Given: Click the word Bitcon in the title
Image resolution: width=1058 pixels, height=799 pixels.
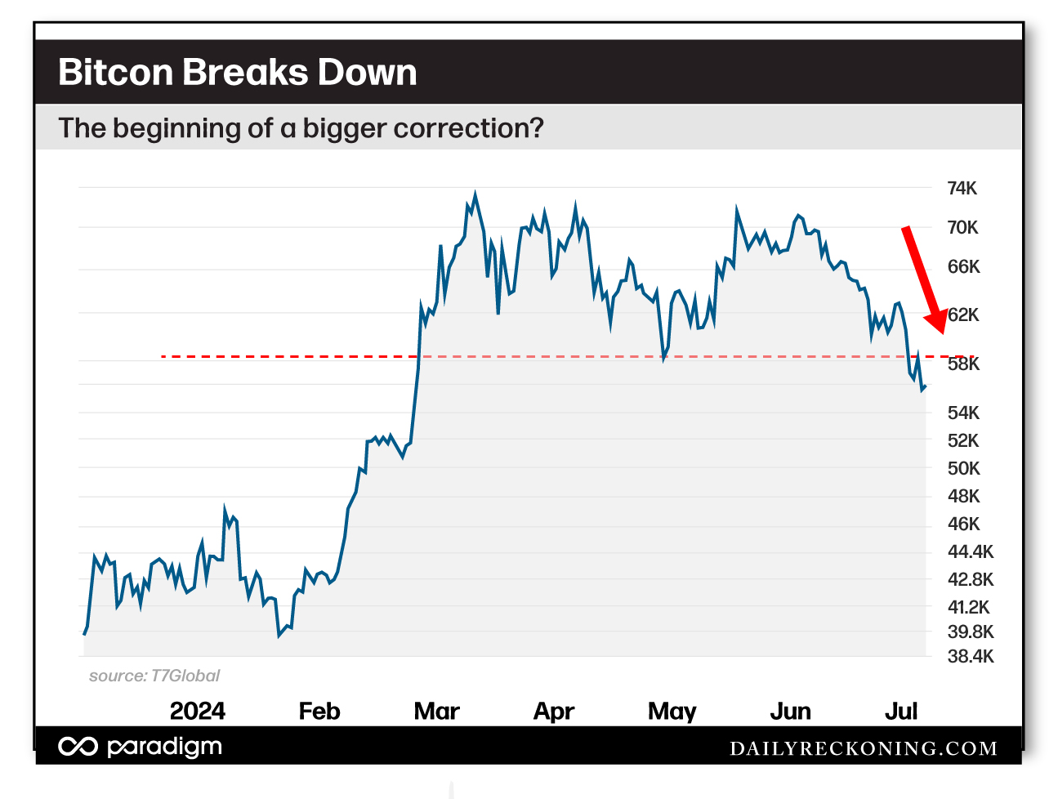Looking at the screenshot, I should click(x=115, y=72).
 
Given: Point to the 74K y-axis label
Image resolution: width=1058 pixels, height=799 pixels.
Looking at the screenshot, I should click(x=962, y=189).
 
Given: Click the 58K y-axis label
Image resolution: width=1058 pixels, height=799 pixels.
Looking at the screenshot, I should click(x=963, y=364).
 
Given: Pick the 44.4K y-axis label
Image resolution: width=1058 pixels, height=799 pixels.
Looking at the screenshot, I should click(x=970, y=551).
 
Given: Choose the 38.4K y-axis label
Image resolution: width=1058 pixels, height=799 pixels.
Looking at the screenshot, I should click(x=970, y=656).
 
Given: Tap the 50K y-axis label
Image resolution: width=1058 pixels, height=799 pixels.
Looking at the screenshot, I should click(x=963, y=468).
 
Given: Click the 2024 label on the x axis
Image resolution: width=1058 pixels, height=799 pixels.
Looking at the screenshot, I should click(x=197, y=711).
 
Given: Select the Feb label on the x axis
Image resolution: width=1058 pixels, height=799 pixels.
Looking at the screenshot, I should click(x=319, y=711).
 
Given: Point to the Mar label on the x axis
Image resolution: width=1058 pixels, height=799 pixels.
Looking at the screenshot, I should click(x=436, y=711).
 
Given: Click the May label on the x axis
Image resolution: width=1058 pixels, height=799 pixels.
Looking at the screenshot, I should click(x=672, y=711).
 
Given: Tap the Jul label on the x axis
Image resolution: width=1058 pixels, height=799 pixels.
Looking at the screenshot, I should click(x=901, y=711).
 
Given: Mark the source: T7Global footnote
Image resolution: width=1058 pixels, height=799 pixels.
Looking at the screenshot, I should click(x=154, y=676).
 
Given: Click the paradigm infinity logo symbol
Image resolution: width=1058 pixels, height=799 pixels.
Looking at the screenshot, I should click(x=78, y=747).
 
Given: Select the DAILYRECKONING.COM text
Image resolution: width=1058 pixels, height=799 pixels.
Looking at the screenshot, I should click(x=863, y=748).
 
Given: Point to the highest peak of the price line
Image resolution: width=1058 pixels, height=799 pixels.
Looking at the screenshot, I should click(x=475, y=194).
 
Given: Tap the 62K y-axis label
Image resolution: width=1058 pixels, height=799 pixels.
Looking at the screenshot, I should click(x=963, y=315).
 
